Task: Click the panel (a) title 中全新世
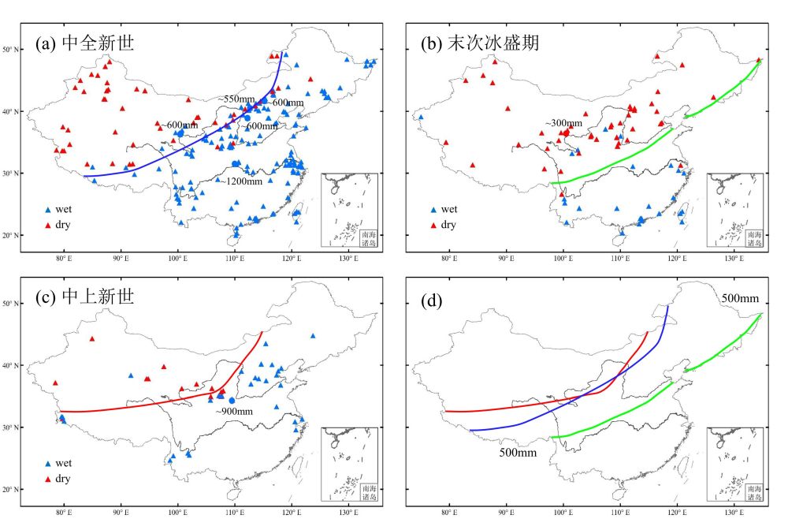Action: tap(84, 43)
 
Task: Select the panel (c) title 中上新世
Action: tap(84, 297)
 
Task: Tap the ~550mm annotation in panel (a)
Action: tap(237, 99)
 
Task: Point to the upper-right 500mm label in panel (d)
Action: tap(740, 298)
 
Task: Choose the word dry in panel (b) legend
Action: tap(448, 225)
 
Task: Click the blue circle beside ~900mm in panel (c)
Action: tap(232, 401)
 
